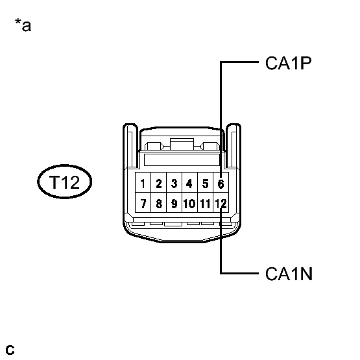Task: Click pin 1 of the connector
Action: tap(143, 182)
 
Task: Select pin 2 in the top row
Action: tap(159, 182)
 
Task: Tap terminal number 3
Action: tap(174, 182)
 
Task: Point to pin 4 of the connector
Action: tap(189, 182)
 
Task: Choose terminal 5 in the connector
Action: tap(205, 182)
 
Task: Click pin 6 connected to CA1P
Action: tap(221, 182)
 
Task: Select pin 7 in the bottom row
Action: tap(143, 202)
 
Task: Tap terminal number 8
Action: tap(159, 202)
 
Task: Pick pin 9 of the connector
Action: tap(174, 202)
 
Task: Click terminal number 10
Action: tap(189, 202)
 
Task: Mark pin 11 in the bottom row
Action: tap(205, 202)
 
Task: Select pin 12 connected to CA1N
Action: tap(221, 202)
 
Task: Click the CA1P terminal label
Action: tap(289, 63)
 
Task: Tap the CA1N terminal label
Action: tap(289, 274)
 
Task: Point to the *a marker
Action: tap(23, 25)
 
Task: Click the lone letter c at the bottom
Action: tap(10, 350)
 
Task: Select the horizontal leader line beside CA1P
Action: tap(239, 62)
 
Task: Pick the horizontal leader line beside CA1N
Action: tap(239, 274)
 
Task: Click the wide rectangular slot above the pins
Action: tap(182, 160)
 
